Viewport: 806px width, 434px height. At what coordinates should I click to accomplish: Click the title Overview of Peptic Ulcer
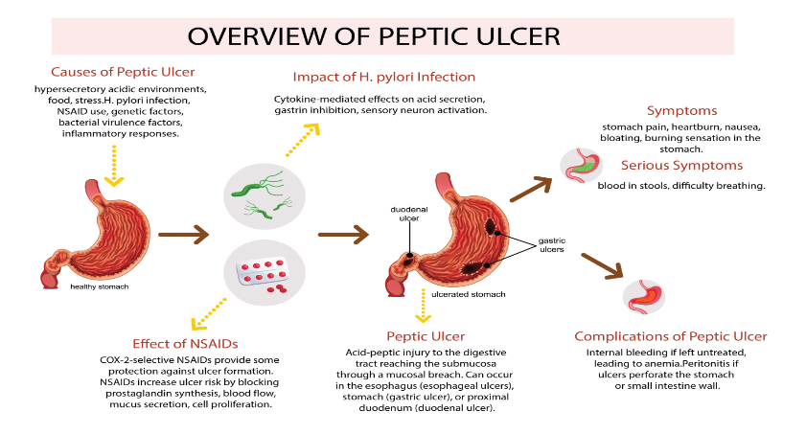[x=374, y=36]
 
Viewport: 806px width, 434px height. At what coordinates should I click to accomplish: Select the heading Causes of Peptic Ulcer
[x=123, y=72]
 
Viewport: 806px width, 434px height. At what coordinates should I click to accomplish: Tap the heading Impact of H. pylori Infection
[x=384, y=77]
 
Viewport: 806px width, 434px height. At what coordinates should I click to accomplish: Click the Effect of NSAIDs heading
[x=185, y=344]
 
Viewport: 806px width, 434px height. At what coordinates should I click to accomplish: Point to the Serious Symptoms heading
[x=681, y=166]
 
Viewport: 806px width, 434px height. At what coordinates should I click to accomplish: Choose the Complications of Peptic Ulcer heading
[x=670, y=336]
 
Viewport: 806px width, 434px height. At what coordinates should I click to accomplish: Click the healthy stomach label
[x=100, y=286]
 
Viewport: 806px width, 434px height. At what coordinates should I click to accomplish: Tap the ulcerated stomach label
[x=469, y=294]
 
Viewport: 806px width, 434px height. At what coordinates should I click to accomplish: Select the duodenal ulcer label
[x=409, y=214]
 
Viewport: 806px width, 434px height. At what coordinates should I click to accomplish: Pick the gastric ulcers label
[x=552, y=244]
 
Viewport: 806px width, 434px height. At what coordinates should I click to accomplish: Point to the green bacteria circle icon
[x=265, y=195]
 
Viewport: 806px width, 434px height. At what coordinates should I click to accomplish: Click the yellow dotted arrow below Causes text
[x=114, y=166]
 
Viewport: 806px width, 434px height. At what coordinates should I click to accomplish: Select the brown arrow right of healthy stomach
[x=183, y=235]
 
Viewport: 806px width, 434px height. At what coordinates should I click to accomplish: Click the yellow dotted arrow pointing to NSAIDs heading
[x=208, y=314]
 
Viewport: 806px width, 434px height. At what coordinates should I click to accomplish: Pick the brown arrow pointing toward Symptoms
[x=531, y=189]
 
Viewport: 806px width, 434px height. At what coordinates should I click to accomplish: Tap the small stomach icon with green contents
[x=581, y=166]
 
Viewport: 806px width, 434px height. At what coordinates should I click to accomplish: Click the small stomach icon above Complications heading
[x=644, y=297]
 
